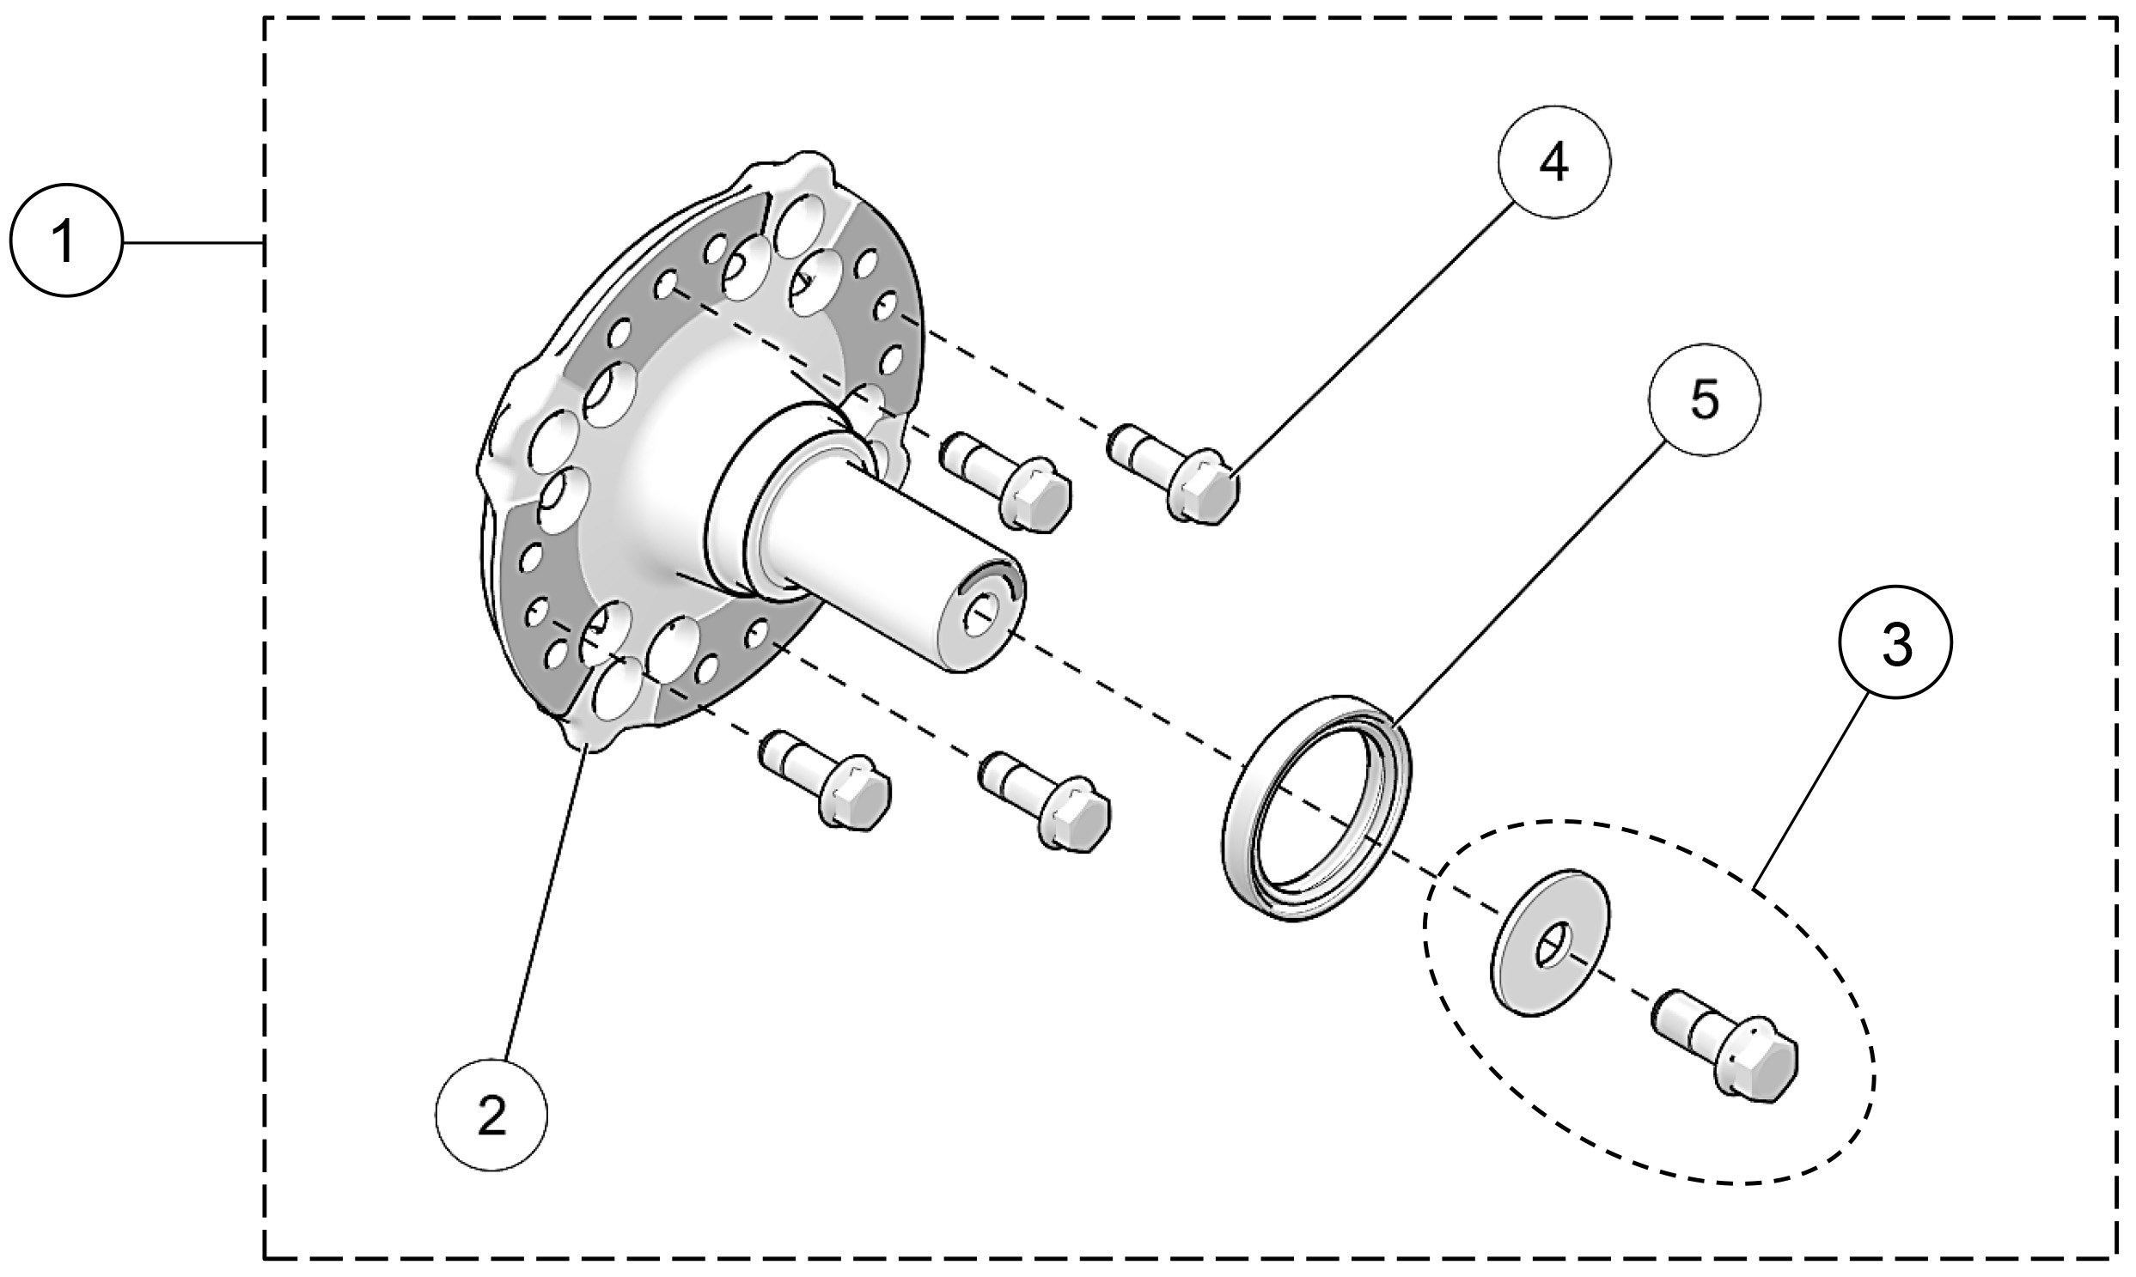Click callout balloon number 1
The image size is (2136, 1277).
[x=66, y=242]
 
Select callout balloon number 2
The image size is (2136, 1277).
[x=491, y=1117]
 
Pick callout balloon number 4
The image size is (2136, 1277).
[x=1554, y=161]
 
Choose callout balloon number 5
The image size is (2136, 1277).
[x=1705, y=400]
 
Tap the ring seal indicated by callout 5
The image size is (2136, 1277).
[x=1317, y=809]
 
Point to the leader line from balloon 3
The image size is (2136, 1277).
[x=1808, y=792]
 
